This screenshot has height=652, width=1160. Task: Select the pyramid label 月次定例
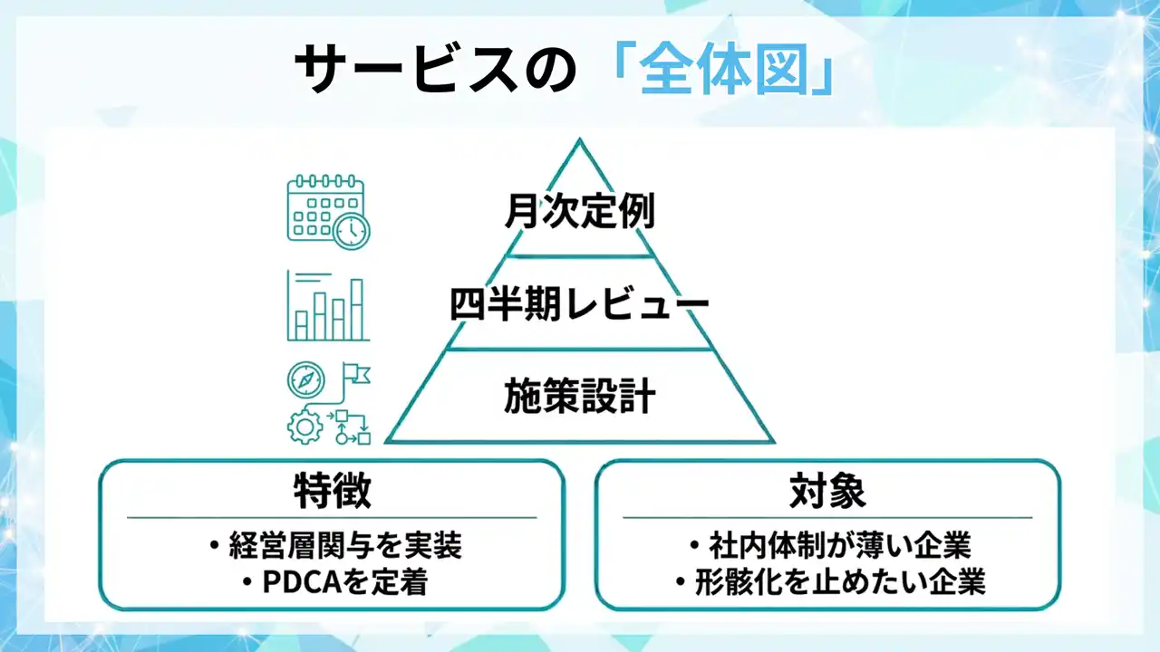pos(580,214)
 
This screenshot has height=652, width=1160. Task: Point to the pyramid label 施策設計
pos(580,397)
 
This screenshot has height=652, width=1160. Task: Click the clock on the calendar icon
pos(352,231)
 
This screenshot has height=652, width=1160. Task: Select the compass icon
pos(306,380)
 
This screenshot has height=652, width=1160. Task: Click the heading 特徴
pos(332,493)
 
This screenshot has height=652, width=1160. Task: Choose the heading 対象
pos(827,493)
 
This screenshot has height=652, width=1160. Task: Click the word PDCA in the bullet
pos(294,583)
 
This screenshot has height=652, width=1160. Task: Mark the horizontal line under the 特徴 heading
pos(332,517)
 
